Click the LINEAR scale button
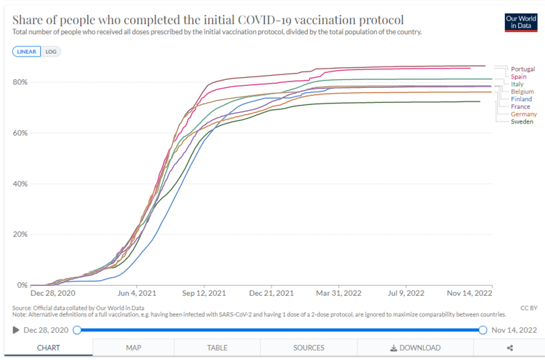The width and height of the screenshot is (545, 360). pos(27,51)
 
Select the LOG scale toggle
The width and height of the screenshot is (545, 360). pos(50,51)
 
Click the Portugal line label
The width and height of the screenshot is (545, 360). pos(523,69)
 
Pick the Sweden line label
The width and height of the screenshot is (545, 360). pos(522,121)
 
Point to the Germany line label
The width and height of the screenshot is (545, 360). pos(524,114)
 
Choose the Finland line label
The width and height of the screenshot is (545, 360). pos(522,99)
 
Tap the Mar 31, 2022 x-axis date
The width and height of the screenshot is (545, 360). pos(339,293)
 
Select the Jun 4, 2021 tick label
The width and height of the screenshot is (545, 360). pos(138,293)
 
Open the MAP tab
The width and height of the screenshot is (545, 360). pos(134,348)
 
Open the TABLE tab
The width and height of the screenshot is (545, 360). pos(217,348)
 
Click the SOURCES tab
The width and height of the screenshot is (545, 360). pos(309,348)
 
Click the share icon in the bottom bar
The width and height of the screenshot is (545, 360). pos(509,348)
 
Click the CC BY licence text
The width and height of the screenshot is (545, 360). pos(528,308)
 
